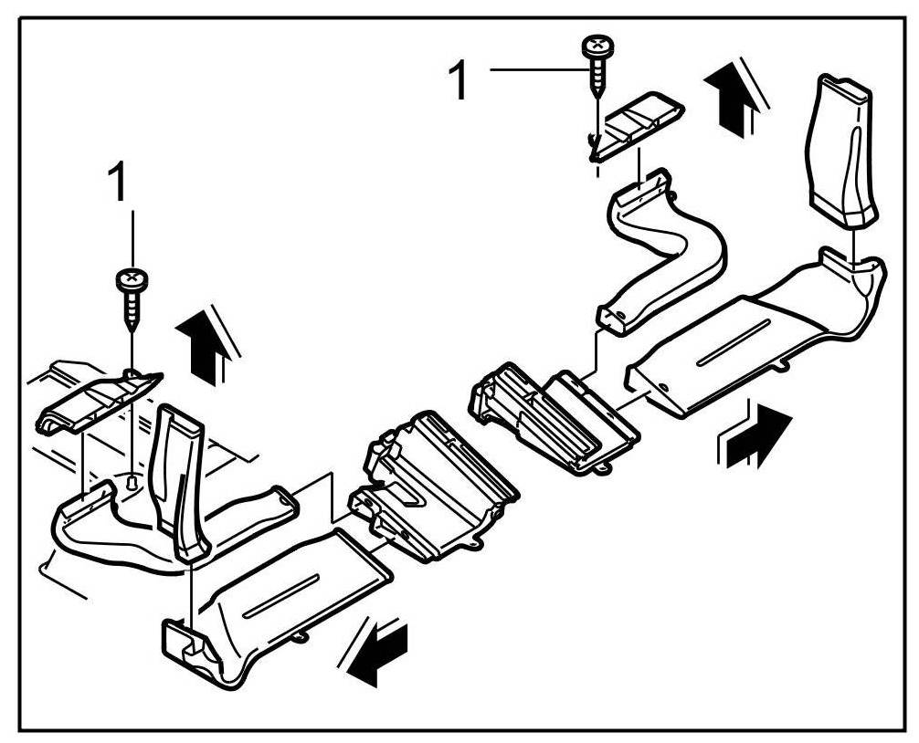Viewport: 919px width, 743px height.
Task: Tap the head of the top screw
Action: (x=597, y=44)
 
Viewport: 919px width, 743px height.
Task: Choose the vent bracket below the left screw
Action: (x=96, y=399)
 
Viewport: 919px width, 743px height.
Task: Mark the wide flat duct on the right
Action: (x=749, y=342)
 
